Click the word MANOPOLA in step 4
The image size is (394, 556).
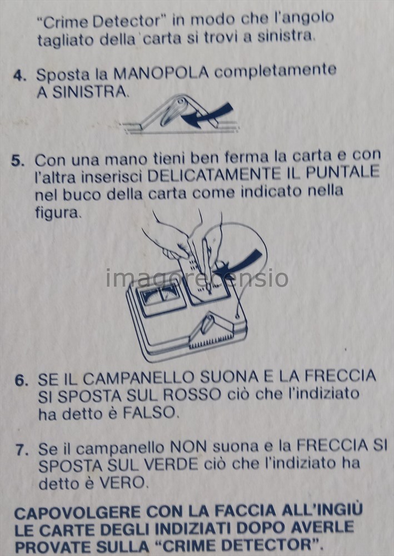[161, 73]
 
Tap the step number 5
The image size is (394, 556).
[18, 161]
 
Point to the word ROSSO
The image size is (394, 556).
[192, 395]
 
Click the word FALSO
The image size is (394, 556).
[149, 413]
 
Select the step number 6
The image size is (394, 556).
[21, 380]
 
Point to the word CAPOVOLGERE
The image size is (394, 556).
[78, 513]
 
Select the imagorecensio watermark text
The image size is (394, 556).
[197, 278]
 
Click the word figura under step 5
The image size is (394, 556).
[58, 213]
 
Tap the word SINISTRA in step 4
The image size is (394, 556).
[90, 92]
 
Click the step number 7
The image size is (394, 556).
[22, 450]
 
